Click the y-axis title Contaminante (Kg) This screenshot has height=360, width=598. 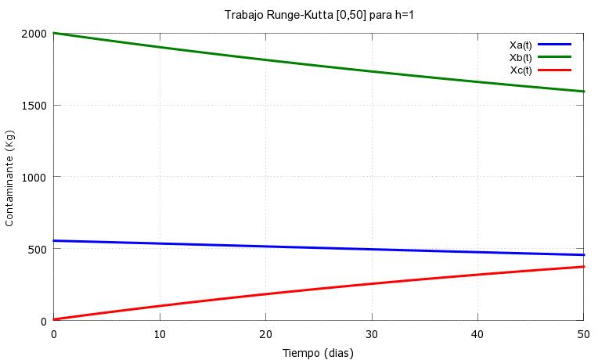[x=9, y=177]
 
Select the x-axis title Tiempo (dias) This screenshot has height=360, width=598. [x=318, y=353]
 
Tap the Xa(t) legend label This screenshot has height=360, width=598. [x=521, y=45]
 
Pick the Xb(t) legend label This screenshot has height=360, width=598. [x=521, y=57]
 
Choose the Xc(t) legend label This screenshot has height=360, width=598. [x=521, y=70]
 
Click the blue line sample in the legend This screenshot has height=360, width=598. [x=555, y=45]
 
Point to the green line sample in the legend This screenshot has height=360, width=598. [x=555, y=57]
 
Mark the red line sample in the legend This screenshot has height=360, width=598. [x=555, y=70]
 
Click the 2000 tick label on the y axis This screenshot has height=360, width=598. [x=34, y=34]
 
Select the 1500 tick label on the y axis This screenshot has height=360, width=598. [x=34, y=106]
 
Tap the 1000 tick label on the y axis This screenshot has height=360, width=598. [x=34, y=177]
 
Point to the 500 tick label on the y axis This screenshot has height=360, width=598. [x=37, y=249]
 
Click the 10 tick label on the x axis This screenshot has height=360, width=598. [x=160, y=334]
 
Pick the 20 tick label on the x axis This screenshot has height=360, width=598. [x=265, y=334]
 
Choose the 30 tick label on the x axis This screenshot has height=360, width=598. [x=372, y=334]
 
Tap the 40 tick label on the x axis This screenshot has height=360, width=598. [x=477, y=334]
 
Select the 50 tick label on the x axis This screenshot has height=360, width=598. [x=583, y=334]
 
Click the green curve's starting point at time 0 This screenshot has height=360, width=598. [x=54, y=34]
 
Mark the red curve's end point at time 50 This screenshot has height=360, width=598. [x=583, y=267]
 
